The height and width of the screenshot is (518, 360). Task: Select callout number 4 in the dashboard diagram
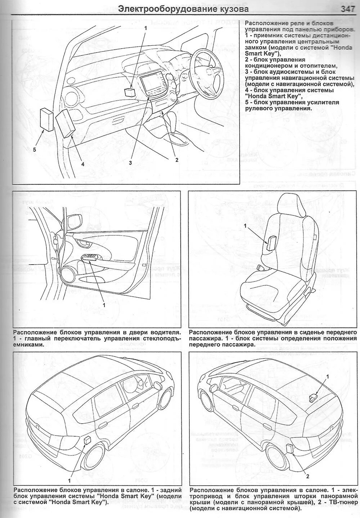(82, 164)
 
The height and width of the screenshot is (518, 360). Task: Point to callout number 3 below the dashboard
(131, 162)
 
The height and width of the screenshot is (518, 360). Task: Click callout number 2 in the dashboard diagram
(176, 160)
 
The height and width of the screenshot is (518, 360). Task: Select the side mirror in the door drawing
(77, 221)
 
